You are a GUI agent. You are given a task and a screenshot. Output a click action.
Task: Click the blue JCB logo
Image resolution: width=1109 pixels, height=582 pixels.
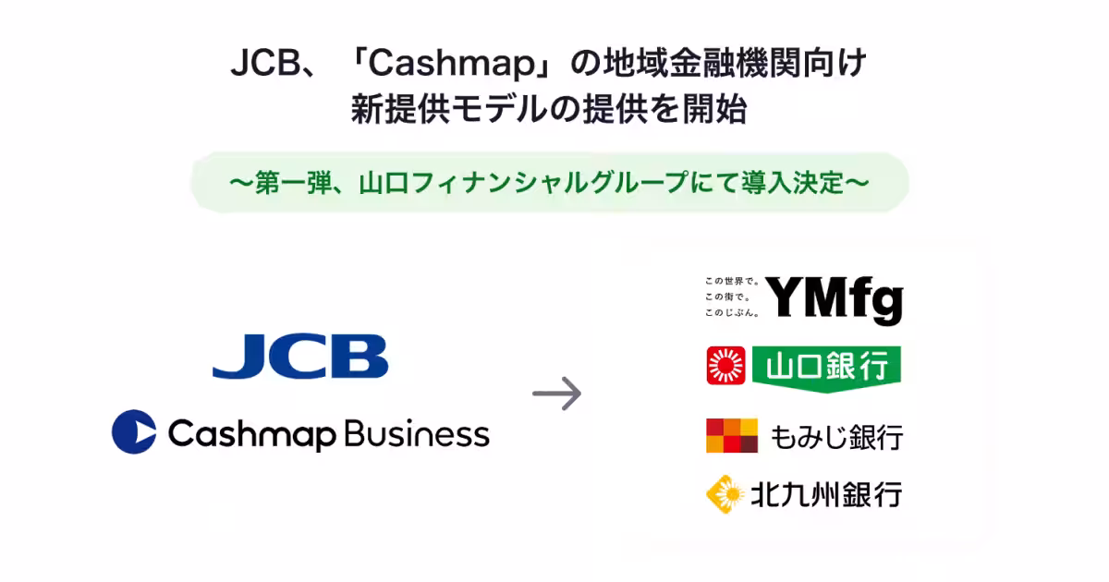point(300,357)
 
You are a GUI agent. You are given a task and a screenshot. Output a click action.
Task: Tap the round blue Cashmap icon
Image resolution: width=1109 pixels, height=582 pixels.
point(134,431)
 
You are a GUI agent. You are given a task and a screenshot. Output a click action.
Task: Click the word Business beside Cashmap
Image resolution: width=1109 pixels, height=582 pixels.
point(417,433)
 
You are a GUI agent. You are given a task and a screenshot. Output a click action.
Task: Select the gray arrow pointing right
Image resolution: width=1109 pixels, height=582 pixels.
point(557,394)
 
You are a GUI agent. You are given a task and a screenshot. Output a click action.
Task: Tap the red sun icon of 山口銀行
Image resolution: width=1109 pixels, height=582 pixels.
point(725,365)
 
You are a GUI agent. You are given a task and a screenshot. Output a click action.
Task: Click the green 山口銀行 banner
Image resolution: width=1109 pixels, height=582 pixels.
point(826,369)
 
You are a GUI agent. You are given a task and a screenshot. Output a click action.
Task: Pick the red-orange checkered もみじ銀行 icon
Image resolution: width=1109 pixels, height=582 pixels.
point(732,435)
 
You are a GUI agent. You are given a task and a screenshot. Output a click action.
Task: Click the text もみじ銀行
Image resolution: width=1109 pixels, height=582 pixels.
point(837,437)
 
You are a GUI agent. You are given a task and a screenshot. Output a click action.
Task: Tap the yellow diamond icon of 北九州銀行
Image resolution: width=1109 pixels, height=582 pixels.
point(725,494)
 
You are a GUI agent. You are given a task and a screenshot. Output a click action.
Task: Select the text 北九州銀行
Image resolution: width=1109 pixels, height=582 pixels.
point(827,494)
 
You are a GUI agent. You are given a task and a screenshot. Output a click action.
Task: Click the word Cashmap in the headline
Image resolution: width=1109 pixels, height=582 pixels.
point(452,65)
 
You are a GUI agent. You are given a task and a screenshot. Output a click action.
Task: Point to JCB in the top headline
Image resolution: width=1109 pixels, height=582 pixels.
point(266,64)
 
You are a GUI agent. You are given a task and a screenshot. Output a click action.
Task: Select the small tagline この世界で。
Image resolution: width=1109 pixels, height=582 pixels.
point(732,281)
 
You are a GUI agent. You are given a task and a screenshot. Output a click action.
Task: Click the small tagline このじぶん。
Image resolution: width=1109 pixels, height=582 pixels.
point(732,313)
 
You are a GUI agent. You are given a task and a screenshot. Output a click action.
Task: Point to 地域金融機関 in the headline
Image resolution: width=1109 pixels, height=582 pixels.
point(702,64)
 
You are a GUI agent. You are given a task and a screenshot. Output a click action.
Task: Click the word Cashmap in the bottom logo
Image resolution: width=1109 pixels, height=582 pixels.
point(252,434)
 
